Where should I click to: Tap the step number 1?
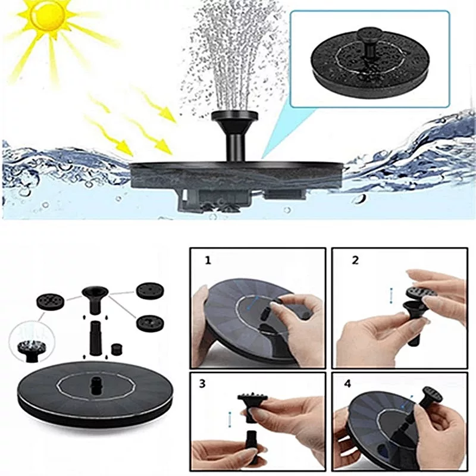[x=208, y=261]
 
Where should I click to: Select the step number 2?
[x=355, y=261]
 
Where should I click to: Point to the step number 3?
[x=202, y=383]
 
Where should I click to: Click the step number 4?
[x=347, y=384]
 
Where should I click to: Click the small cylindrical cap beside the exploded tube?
[x=117, y=349]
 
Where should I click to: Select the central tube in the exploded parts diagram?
[x=95, y=336]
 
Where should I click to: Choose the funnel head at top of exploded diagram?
[x=95, y=300]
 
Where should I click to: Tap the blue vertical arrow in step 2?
[x=392, y=296]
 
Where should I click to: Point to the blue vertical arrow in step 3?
[x=230, y=419]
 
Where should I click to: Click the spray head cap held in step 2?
[x=421, y=291]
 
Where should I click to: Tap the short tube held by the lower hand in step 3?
[x=250, y=440]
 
